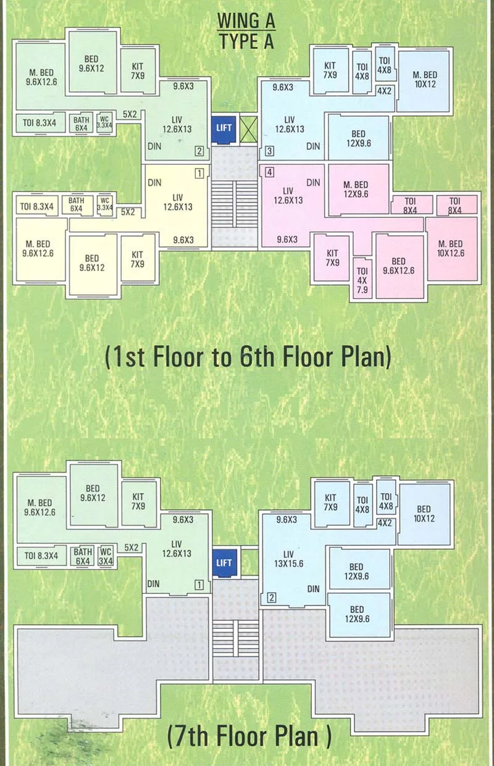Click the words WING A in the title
tap(246, 22)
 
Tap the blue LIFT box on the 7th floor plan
tap(224, 563)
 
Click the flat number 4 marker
tap(270, 172)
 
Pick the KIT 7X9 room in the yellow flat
tap(137, 259)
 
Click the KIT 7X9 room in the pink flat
tap(332, 257)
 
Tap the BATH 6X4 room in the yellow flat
tap(77, 204)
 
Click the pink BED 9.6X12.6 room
tap(398, 265)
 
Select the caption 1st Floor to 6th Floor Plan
tap(248, 357)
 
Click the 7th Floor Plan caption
tap(249, 736)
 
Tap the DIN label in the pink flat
tap(313, 183)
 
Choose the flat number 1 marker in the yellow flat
tap(199, 173)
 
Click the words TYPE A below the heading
tap(246, 41)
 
